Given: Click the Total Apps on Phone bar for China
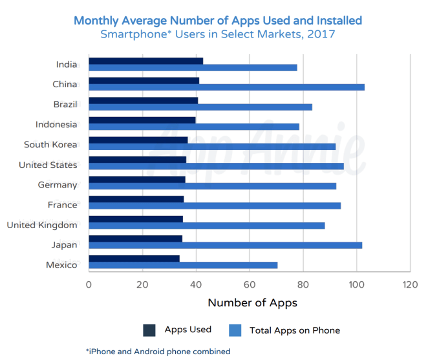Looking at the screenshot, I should coord(226,87).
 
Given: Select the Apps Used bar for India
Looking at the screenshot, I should coord(145,61).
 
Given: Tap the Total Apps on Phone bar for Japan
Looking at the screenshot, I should coord(225,245).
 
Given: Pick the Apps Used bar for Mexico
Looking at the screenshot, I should coord(134,259).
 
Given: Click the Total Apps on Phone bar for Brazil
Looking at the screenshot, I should coord(200,107).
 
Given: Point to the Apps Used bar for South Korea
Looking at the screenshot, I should coord(138,140).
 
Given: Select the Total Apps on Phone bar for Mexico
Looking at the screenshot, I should coord(183,265).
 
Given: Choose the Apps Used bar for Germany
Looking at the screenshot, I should coord(136,180).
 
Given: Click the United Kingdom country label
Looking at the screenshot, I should coord(42,225).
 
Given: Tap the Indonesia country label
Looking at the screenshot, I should coord(56,124).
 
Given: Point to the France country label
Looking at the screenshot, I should coord(63,205).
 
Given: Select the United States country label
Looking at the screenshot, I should coord(48,165).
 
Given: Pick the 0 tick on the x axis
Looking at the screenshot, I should coord(89,285).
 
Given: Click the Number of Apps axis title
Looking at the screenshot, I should coord(252,302).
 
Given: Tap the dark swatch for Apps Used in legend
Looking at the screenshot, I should coord(149,330).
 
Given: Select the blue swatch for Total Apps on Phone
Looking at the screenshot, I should coord(235,330).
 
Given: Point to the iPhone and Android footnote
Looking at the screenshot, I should coord(158,352).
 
